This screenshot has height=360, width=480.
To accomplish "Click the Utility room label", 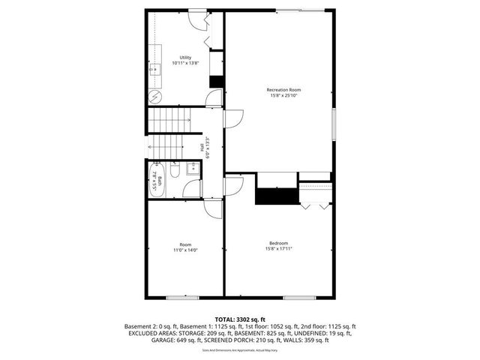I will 185,58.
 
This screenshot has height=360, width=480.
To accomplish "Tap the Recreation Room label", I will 279,90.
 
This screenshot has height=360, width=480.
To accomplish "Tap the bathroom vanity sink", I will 192,168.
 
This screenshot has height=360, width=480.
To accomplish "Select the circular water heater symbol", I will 154,96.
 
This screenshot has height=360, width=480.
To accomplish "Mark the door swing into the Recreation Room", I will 233,118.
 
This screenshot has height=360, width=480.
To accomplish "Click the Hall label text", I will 202,148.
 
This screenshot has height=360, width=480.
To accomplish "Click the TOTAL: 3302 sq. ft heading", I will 240,319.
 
